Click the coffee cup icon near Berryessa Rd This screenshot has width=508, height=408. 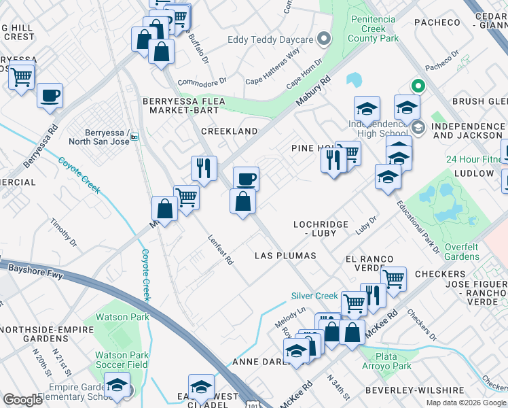(50, 95)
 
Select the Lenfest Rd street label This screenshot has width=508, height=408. (220, 250)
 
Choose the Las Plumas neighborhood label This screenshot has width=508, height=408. (285, 256)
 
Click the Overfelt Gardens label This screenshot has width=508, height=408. (462, 252)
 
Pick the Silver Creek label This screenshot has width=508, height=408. (314, 296)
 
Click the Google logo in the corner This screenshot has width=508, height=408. (22, 400)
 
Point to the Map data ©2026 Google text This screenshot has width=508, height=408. (466, 403)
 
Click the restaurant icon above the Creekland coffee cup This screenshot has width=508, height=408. (204, 167)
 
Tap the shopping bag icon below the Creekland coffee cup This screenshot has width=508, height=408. (243, 202)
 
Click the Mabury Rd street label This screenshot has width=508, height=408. (312, 90)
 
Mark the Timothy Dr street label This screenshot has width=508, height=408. (63, 232)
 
